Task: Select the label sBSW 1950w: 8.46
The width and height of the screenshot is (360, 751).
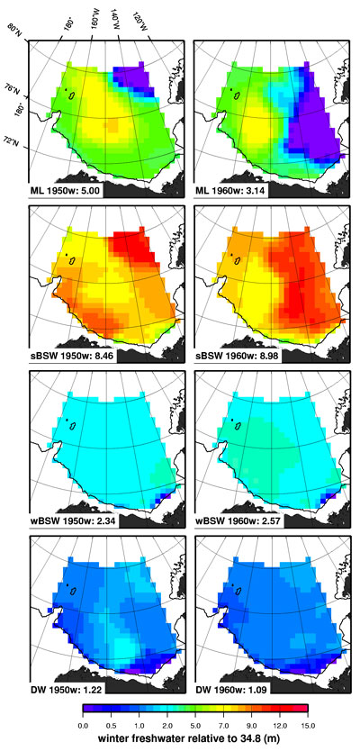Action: (x=71, y=356)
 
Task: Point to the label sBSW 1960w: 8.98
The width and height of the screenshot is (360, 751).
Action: (x=237, y=356)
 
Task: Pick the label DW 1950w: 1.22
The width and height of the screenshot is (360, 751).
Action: (x=65, y=685)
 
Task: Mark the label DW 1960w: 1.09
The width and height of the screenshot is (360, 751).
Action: (x=230, y=685)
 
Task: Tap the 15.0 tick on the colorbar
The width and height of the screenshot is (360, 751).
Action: (x=307, y=722)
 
